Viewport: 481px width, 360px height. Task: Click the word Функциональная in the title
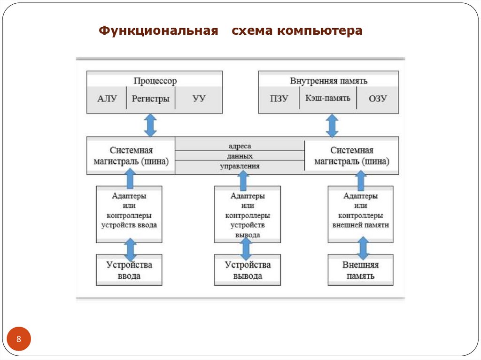tap(159, 31)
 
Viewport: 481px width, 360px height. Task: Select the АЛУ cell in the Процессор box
tap(107, 99)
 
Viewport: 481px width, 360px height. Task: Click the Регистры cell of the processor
tap(150, 99)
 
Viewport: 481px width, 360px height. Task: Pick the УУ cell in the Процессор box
tap(199, 99)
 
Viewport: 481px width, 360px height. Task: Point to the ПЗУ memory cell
tap(279, 99)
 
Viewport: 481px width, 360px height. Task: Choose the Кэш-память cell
tap(328, 99)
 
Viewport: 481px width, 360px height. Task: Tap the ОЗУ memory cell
tap(377, 99)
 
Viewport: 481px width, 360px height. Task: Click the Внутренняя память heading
tap(328, 81)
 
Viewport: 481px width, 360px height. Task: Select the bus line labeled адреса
tap(240, 146)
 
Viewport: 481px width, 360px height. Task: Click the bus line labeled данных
tap(240, 156)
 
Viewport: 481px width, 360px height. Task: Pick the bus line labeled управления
tap(240, 166)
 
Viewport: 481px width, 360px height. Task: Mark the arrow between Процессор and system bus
tap(150, 125)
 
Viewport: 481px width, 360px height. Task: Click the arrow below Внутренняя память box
tap(332, 125)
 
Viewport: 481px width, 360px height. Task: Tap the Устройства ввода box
tap(129, 270)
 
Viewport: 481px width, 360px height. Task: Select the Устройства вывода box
tap(248, 270)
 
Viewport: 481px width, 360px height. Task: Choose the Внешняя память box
tap(360, 270)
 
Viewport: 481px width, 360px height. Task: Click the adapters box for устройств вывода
tap(248, 214)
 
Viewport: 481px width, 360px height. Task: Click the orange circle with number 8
tap(19, 339)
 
